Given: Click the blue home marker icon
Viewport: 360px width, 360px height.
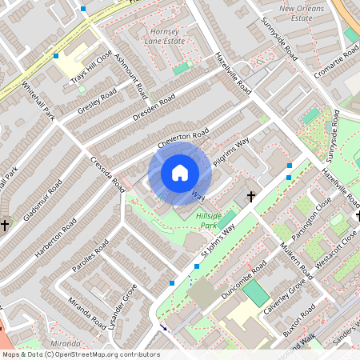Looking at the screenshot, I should tap(179, 173).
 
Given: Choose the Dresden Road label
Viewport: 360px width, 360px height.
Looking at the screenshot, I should tap(155, 109).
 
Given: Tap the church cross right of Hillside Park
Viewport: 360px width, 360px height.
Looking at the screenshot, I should tap(250, 195).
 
